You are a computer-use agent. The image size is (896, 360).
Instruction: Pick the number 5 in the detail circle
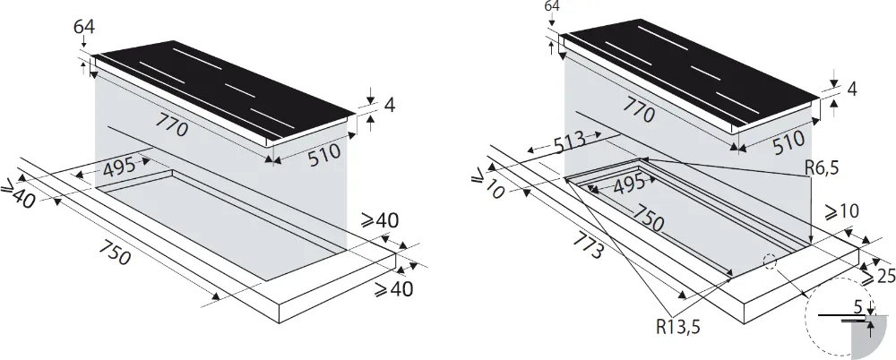858,307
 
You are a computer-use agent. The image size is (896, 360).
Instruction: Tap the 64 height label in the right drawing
552,7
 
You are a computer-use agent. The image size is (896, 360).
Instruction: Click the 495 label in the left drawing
118,167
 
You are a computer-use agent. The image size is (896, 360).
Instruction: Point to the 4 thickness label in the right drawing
851,89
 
